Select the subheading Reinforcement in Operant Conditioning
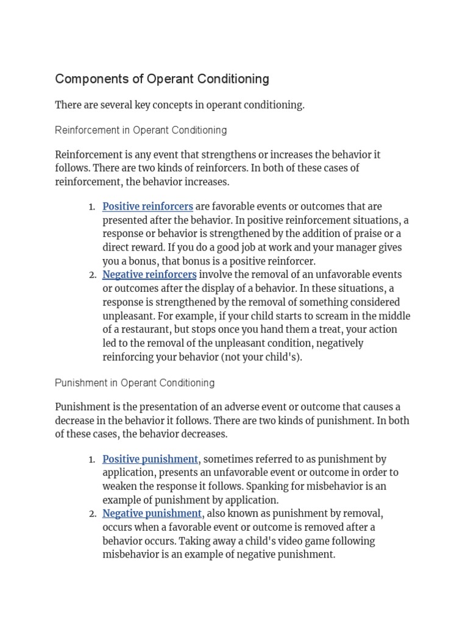click(x=141, y=130)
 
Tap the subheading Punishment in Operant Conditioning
click(x=135, y=383)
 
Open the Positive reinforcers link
click(x=147, y=207)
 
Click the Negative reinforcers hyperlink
click(x=149, y=275)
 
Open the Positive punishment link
click(x=150, y=459)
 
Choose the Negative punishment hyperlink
click(x=152, y=514)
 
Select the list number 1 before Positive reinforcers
click(x=91, y=207)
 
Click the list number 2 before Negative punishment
click(x=92, y=514)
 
